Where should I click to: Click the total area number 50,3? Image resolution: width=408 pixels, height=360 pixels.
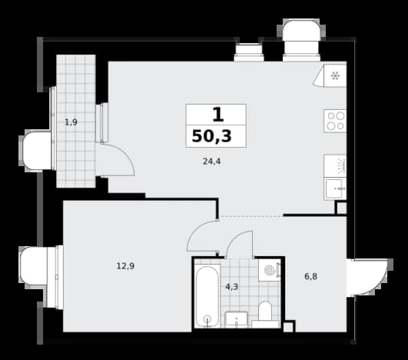click(x=211, y=136)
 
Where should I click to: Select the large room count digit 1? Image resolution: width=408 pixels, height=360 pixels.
click(x=218, y=115)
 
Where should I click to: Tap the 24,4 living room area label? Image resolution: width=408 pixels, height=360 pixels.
click(x=211, y=162)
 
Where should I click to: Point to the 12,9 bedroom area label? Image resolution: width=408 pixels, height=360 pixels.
click(x=125, y=266)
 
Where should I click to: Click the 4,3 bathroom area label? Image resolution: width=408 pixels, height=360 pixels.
click(x=231, y=287)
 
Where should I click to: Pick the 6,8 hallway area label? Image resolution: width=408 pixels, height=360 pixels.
click(x=310, y=276)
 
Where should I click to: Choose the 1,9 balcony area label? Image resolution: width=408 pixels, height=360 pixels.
click(x=71, y=122)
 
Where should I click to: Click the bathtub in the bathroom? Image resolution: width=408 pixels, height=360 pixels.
click(x=207, y=296)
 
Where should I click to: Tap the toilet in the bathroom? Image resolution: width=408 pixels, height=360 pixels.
click(x=265, y=315)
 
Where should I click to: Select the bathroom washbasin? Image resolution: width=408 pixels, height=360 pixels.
click(x=236, y=318)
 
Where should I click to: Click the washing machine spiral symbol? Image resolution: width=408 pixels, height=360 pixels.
click(x=270, y=270)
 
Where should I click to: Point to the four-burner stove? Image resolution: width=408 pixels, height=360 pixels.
click(x=335, y=121)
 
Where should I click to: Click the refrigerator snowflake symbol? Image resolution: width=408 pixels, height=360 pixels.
click(x=335, y=76)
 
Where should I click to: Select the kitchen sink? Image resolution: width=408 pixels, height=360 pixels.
click(x=335, y=189)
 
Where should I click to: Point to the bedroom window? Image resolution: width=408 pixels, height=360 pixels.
click(x=59, y=277)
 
